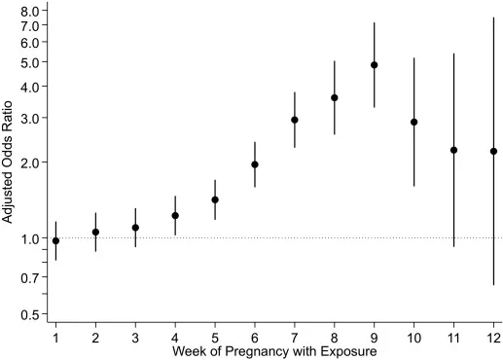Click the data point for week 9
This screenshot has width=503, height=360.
[374, 65]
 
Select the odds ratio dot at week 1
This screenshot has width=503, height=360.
[55, 240]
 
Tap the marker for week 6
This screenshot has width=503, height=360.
[255, 164]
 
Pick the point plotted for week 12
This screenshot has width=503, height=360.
[493, 151]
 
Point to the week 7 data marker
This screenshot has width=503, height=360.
[295, 120]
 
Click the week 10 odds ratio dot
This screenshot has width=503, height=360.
[413, 122]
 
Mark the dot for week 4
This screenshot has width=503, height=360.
[175, 215]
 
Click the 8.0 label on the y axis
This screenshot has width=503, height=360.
[29, 12]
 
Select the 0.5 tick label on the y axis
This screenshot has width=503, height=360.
[29, 314]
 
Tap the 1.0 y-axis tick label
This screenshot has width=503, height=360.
[29, 238]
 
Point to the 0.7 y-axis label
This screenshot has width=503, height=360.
[29, 277]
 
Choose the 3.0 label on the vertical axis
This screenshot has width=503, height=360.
[29, 118]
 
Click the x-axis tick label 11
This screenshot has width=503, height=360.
[453, 339]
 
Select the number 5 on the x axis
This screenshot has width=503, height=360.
[215, 339]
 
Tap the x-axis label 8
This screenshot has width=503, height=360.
[335, 339]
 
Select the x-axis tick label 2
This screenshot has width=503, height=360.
[95, 339]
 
